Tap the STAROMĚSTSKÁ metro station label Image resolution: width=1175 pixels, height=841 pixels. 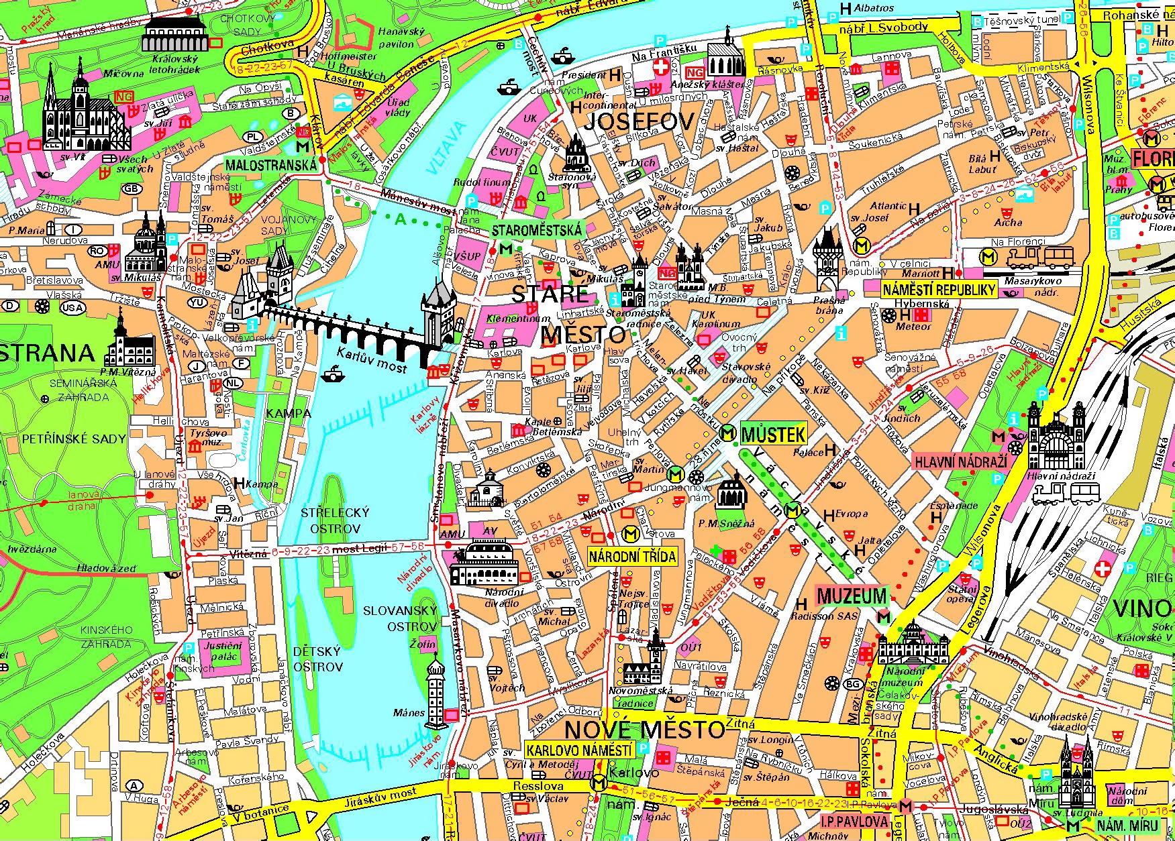pyautogui.click(x=537, y=230)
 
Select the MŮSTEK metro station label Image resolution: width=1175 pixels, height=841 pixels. pyautogui.click(x=773, y=435)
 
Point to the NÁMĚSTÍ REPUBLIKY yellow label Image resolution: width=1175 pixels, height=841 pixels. pyautogui.click(x=938, y=290)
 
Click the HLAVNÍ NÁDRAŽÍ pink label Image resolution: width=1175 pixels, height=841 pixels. pyautogui.click(x=962, y=461)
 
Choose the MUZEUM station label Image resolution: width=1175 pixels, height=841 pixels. pyautogui.click(x=852, y=596)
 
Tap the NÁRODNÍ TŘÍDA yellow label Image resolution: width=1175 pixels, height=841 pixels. pyautogui.click(x=631, y=556)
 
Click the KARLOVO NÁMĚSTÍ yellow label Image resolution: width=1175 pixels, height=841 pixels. pyautogui.click(x=578, y=750)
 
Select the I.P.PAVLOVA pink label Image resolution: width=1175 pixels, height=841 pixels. pyautogui.click(x=854, y=822)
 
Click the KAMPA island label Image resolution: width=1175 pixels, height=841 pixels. pyautogui.click(x=288, y=414)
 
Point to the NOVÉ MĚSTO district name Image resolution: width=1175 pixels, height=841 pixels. pyautogui.click(x=644, y=729)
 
